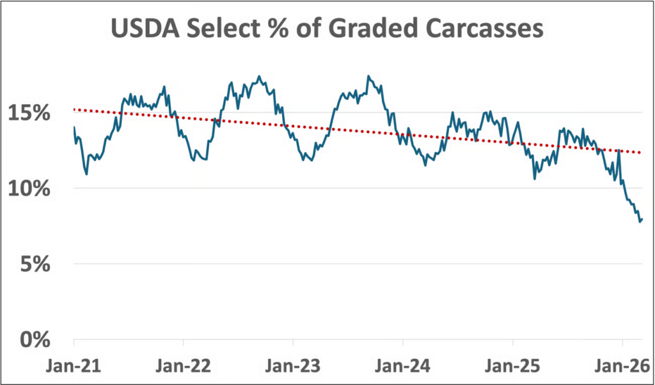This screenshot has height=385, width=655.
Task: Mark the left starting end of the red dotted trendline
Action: coord(74,109)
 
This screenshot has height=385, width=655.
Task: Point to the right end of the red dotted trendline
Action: coord(641,152)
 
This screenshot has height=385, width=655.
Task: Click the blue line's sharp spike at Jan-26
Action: coord(619,151)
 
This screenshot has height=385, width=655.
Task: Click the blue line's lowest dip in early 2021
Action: coord(86,174)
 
